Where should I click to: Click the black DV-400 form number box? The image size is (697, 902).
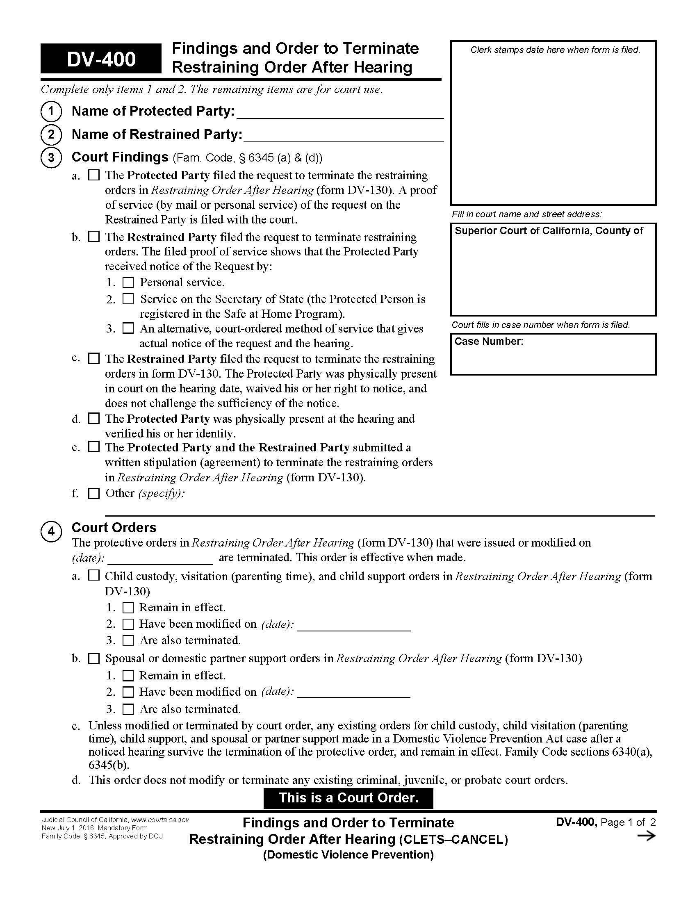pos(101,59)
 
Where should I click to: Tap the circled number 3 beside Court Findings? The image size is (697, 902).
pos(51,158)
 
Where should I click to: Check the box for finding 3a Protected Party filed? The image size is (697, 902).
pos(94,175)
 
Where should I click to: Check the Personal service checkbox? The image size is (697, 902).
pos(128,282)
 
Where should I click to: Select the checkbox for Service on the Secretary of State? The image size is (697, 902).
pos(128,298)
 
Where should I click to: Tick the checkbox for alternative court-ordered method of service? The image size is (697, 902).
pos(128,328)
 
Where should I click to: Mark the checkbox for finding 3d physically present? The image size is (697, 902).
pos(94,418)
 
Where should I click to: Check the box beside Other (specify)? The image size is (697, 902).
pos(94,494)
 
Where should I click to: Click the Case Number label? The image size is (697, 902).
pos(488,342)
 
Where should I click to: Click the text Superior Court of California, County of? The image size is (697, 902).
pos(548,231)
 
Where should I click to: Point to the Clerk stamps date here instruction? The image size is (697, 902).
pos(555,50)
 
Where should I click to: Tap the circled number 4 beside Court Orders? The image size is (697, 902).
pos(51,531)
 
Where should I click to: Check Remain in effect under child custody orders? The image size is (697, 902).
pos(128,608)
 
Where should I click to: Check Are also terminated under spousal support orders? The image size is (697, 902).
pos(128,709)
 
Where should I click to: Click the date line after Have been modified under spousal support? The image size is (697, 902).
pos(353,692)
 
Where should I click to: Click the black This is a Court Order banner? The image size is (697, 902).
pos(348,797)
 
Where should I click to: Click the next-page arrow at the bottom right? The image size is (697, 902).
pos(646,836)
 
